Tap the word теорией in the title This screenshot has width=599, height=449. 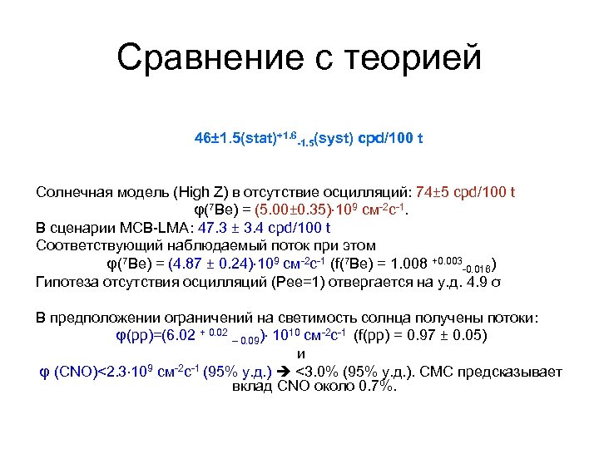tap(415, 58)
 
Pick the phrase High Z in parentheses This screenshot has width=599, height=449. tap(196, 193)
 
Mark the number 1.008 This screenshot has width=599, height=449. tap(408, 265)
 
